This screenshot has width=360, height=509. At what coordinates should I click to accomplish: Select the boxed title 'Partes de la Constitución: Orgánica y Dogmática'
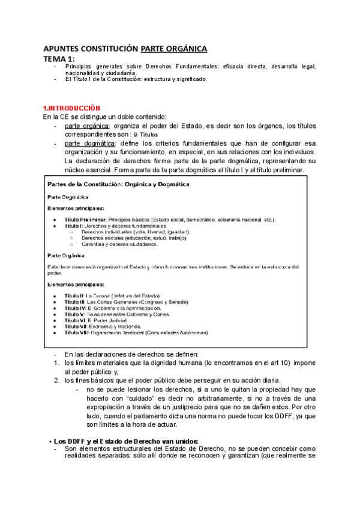(x=118, y=184)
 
